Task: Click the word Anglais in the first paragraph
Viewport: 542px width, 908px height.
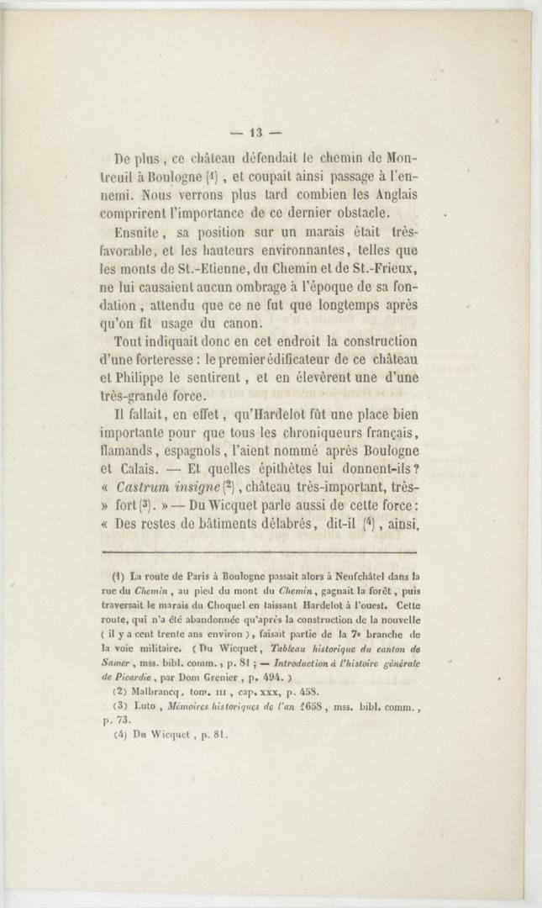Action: [x=389, y=193]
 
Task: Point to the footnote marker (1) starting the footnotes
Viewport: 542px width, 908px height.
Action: [x=118, y=577]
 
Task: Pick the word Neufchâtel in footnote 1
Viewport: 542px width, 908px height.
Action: [x=336, y=577]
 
